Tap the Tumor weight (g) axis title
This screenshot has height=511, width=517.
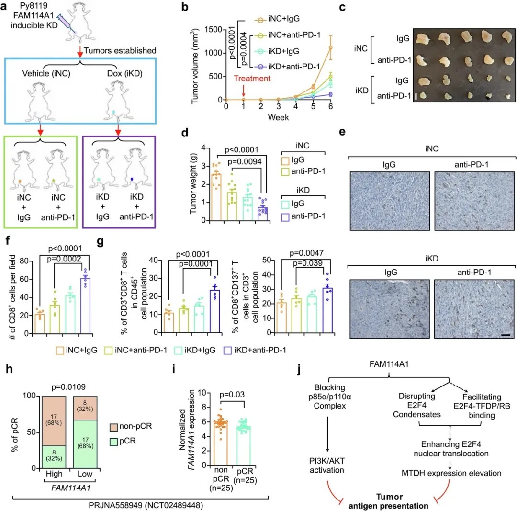(195, 182)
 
